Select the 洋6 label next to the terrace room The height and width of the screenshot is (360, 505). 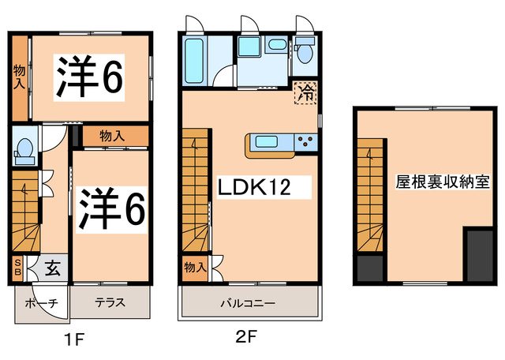tap(111, 210)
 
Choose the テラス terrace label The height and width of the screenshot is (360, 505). tap(110, 302)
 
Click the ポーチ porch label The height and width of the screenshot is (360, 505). tap(40, 302)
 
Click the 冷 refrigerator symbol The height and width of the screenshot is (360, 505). tap(305, 92)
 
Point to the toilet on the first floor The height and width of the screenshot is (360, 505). tap(24, 149)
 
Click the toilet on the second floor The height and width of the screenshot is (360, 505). tap(305, 52)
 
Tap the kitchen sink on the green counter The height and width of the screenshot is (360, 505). tap(266, 142)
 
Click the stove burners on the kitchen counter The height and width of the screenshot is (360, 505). tap(305, 142)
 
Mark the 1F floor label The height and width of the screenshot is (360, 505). tap(74, 340)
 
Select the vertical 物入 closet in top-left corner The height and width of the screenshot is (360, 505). tap(20, 77)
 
